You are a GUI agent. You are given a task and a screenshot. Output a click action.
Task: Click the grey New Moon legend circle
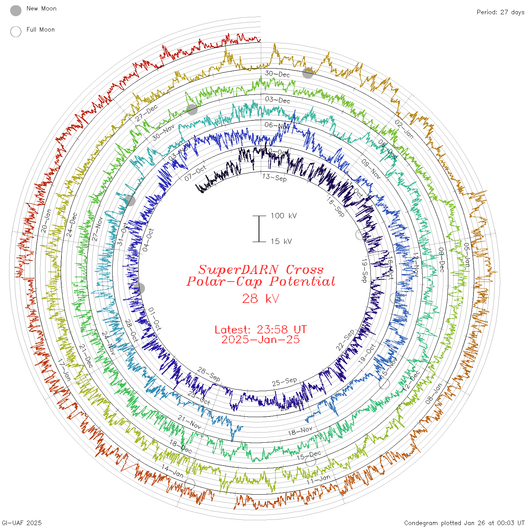coord(16,11)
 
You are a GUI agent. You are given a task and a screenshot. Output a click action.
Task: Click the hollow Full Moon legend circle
coord(16,32)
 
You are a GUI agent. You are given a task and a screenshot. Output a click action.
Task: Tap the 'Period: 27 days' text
coord(500,12)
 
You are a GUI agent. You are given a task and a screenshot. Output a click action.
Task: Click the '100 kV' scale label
coord(283,216)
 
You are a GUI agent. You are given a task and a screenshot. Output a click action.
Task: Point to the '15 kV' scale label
coord(281,241)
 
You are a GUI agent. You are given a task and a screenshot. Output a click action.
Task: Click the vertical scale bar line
coord(259,228)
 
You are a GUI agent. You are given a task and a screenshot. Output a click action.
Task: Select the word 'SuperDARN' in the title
coord(239,270)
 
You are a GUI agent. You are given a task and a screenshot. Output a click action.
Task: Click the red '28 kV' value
coord(260,299)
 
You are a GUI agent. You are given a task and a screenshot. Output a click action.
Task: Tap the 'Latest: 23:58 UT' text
coord(260,330)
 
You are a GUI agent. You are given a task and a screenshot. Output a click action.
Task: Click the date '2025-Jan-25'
coord(260,340)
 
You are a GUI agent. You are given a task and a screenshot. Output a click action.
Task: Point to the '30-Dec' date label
coord(277,74)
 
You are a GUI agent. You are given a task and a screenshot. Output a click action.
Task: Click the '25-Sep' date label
coord(285,382)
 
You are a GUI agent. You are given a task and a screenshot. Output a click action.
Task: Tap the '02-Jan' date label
coord(404,129)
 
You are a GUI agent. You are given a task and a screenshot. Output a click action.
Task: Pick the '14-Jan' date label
coord(172,471)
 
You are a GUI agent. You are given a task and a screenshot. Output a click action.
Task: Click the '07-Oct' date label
coord(195,173)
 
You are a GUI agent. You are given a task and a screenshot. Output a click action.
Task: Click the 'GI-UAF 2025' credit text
coord(22,523)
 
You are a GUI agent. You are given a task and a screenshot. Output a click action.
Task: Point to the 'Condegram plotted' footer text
coord(433,523)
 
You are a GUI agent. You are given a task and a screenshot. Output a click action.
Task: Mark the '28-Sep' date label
coord(209,374)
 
